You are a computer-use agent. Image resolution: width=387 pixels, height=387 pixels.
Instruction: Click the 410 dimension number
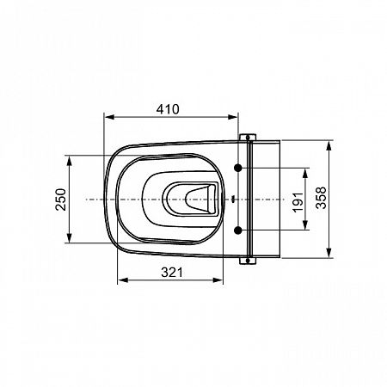coord(168,109)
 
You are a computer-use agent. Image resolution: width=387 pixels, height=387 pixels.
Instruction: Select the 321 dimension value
coord(172,273)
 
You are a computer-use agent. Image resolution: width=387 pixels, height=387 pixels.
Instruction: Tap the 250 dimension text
coord(60,200)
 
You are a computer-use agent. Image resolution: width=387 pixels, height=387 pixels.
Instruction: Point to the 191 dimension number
coord(298,202)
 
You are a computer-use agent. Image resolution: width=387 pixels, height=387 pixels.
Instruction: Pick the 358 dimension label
coord(321,198)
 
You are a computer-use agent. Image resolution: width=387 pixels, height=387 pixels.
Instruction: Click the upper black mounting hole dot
coord(238,168)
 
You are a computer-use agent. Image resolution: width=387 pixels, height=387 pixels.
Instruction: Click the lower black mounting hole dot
coord(238,230)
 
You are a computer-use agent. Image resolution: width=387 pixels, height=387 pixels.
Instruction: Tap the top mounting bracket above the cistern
coord(248,138)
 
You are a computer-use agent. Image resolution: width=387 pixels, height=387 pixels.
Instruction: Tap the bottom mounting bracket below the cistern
coord(248,261)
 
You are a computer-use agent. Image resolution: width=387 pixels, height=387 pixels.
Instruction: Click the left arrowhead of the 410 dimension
coord(109,117)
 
